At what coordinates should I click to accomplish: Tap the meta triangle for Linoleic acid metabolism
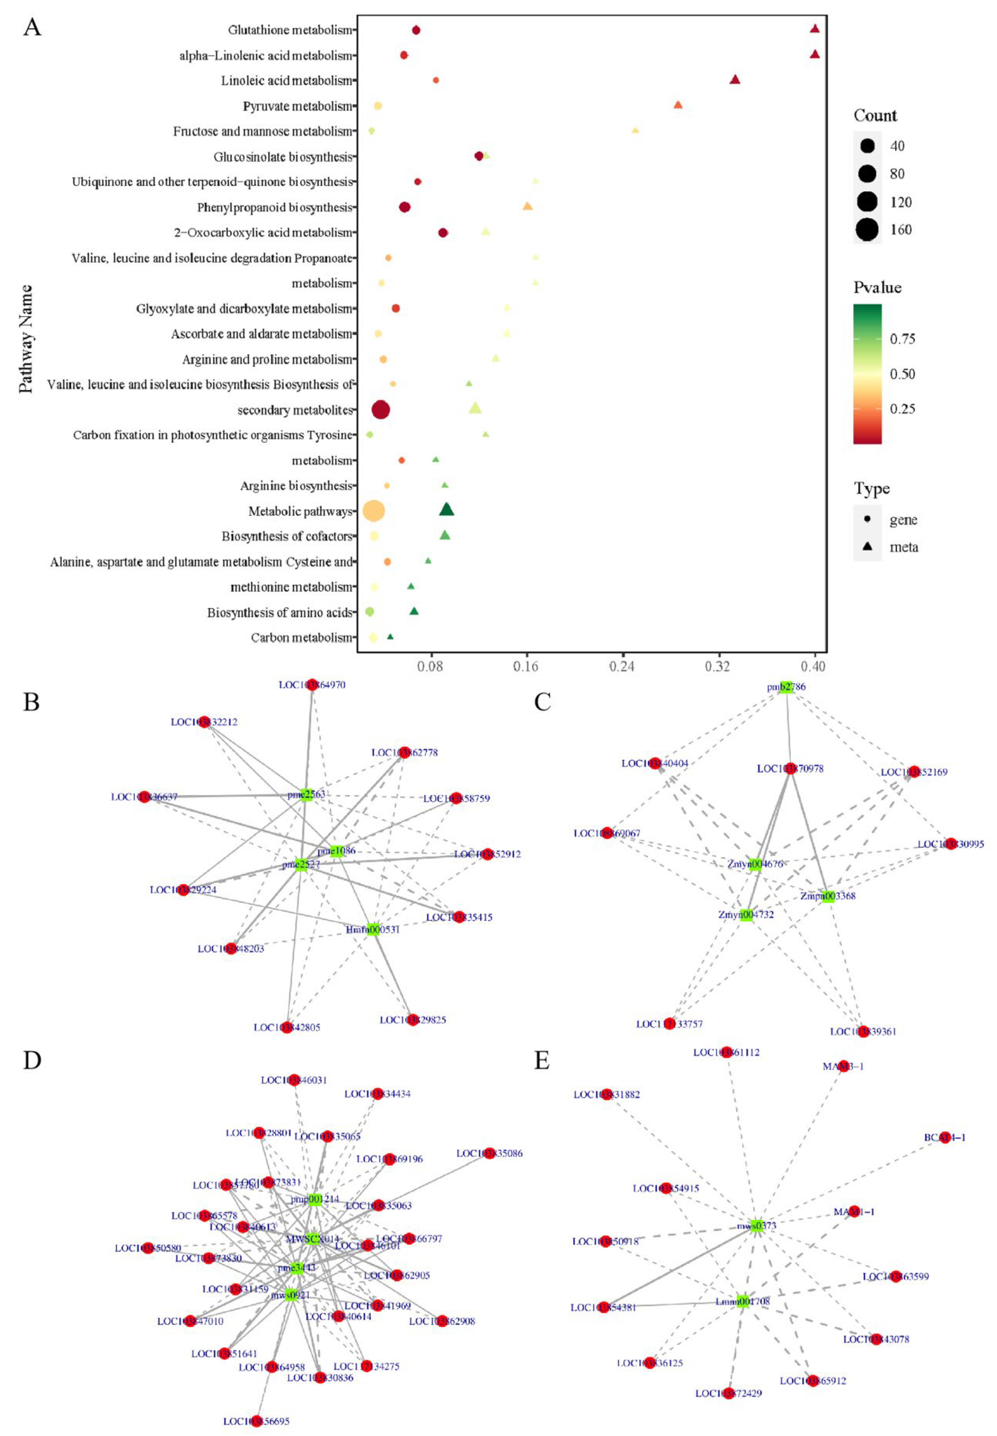[735, 79]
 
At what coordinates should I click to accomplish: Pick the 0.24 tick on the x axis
[621, 666]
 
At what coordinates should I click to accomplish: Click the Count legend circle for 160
[867, 230]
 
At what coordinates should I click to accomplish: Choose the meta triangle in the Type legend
[867, 546]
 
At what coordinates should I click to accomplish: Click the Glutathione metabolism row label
[290, 30]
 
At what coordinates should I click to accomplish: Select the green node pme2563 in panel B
[305, 795]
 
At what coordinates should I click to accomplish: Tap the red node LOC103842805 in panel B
[286, 1027]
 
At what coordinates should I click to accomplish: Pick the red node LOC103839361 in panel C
[863, 1031]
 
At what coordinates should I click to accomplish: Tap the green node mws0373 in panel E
[756, 1225]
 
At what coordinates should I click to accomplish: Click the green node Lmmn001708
[742, 1302]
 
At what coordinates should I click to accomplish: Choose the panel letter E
[541, 1060]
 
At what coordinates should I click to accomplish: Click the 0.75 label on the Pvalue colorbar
[902, 339]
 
